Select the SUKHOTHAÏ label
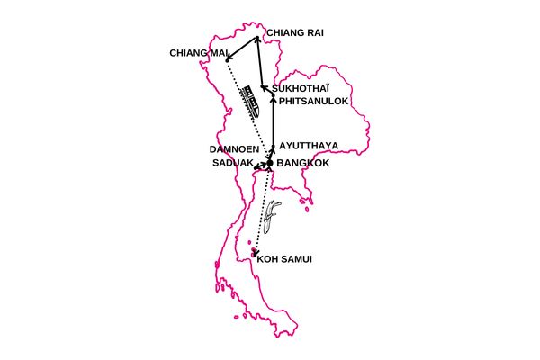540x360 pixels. tap(301, 89)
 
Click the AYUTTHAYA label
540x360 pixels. tap(309, 145)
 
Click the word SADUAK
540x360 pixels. tap(231, 164)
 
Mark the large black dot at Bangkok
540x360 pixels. tap(269, 163)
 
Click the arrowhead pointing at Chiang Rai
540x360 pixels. tap(256, 39)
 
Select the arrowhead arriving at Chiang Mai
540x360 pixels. tap(229, 59)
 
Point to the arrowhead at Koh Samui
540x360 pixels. tap(256, 252)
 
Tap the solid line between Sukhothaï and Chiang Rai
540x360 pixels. tap(259, 63)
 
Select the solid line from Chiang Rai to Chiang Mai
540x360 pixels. tap(243, 49)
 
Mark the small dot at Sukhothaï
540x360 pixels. tap(263, 88)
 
